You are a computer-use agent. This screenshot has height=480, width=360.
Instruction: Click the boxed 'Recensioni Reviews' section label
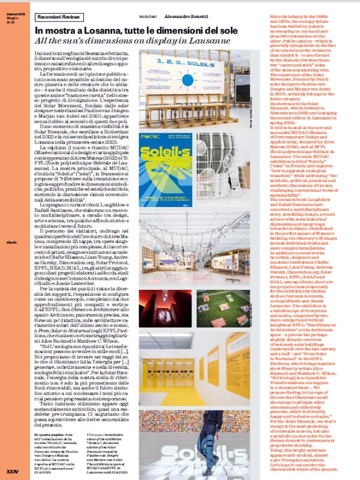(59, 19)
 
